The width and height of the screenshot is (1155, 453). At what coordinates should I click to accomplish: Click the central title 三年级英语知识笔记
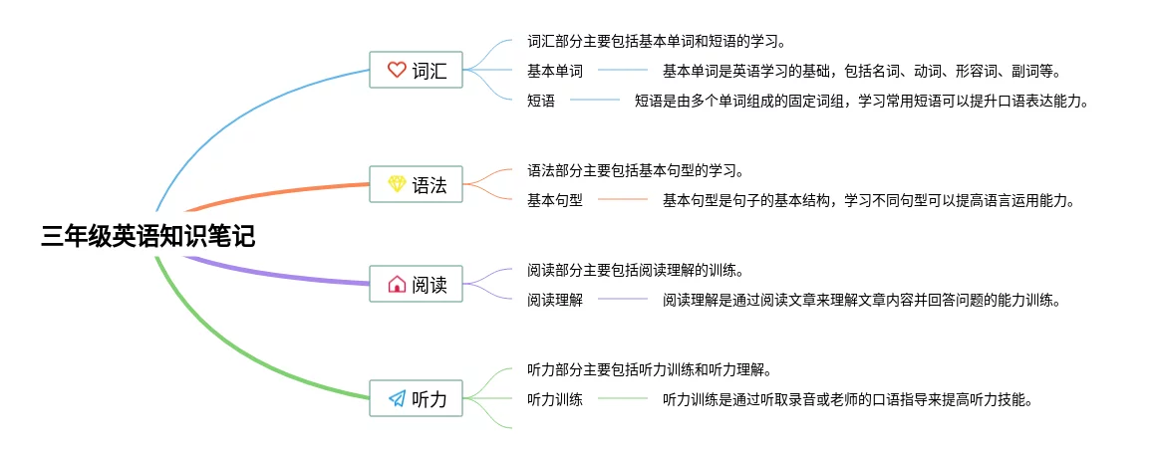point(147,237)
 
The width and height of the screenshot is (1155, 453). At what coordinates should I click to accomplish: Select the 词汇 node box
point(416,71)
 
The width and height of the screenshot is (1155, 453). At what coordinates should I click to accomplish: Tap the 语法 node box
point(416,184)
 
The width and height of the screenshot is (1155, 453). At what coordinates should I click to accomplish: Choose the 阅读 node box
point(416,285)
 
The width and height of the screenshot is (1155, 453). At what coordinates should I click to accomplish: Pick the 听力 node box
point(416,399)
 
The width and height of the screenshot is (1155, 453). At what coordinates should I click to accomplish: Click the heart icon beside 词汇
point(396,71)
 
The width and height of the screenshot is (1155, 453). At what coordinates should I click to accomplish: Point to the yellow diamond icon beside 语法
point(396,184)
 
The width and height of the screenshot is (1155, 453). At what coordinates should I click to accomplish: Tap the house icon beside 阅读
point(396,285)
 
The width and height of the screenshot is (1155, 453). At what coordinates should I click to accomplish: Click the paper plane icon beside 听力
point(396,399)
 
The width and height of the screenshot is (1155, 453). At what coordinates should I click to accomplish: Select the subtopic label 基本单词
point(555,71)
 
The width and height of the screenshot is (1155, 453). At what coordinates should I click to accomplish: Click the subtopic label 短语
point(541,101)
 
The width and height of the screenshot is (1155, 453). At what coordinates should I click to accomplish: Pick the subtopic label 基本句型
point(555,200)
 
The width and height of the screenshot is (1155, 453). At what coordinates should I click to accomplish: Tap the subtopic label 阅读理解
point(555,300)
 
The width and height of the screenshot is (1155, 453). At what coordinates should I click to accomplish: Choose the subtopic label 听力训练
point(555,399)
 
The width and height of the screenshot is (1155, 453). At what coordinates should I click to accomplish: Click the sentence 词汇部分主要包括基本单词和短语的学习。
point(657,42)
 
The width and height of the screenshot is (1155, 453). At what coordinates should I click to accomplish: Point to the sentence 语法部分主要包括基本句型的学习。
point(636,170)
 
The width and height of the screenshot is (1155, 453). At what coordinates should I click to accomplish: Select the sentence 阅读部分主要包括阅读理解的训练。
point(636,270)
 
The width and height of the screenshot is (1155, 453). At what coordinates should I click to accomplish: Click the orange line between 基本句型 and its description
point(623,200)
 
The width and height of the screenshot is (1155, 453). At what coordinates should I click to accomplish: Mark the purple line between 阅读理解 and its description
point(623,300)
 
